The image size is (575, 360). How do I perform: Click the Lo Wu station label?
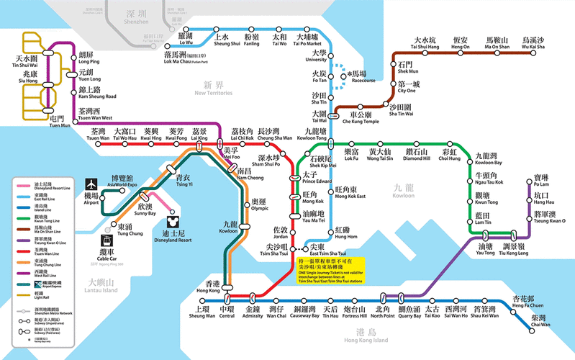coord(186,39)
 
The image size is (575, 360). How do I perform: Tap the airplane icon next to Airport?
coord(91,184)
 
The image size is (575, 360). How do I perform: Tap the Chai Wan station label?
coord(540,321)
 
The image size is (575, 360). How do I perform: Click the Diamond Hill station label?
coord(417,156)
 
